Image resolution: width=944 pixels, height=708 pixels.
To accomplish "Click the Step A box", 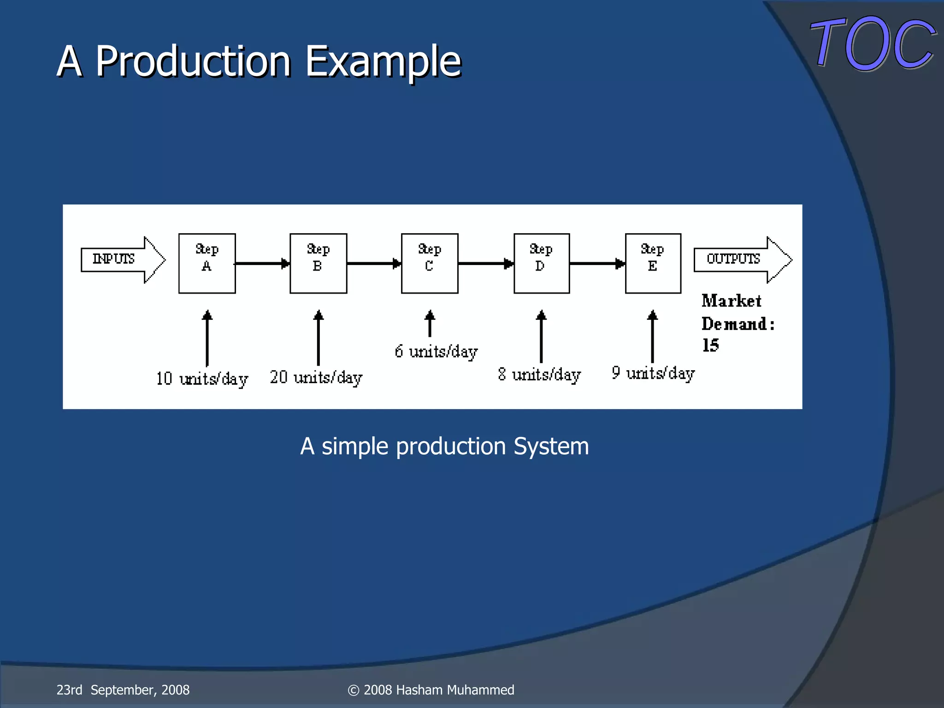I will pos(207,263).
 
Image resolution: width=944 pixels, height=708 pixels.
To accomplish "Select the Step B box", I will pos(318,263).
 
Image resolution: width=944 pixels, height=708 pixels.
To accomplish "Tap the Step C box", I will pos(430,263).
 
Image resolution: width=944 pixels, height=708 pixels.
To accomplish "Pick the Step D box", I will pos(542,263).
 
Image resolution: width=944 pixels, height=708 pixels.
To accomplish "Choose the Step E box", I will pos(653,263).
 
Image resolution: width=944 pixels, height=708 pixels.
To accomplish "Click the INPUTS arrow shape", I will pos(122,260).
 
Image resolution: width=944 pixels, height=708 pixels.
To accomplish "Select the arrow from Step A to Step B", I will pos(262,263).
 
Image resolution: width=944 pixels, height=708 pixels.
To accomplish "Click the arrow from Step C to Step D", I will pos(486,263).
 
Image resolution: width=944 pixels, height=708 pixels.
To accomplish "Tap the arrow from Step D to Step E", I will pos(597,263).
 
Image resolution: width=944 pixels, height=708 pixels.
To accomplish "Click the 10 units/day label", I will pos(202,379).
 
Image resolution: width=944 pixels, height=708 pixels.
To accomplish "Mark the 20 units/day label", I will pos(316,378).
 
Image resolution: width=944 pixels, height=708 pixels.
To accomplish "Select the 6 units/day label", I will pos(436,352).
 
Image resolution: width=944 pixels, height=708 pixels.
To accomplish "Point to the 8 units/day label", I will pos(539,375).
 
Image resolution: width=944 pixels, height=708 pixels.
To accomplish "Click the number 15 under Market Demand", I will pos(710,345).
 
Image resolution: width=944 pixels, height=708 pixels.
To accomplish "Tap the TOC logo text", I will pos(873,44).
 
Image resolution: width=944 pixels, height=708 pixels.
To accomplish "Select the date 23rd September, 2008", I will pos(123,690).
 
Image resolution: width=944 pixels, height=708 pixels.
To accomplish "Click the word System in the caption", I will pos(551,446).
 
